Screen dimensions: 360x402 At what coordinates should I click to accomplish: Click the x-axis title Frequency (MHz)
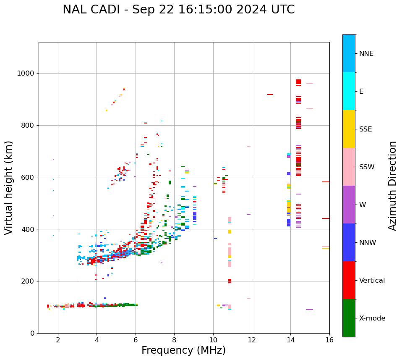(183, 350)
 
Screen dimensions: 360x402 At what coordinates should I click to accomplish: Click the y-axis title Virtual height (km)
(9, 188)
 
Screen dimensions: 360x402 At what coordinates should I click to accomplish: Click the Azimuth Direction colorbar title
(392, 186)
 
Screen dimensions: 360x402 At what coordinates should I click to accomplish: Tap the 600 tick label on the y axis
(27, 177)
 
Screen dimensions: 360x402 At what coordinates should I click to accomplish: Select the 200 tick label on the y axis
(27, 281)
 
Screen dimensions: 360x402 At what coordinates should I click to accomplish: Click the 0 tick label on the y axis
(32, 333)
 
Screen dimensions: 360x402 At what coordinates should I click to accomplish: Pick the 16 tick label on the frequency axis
(329, 340)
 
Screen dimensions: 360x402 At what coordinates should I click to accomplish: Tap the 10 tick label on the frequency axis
(213, 340)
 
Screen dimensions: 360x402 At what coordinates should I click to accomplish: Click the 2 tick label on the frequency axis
(58, 340)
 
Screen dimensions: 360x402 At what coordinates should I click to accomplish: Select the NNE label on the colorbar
(366, 54)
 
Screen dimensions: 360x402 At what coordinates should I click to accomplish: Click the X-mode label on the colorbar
(372, 318)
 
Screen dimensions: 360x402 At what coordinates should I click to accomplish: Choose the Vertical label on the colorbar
(372, 281)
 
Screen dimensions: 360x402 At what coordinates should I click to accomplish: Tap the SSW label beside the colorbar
(366, 167)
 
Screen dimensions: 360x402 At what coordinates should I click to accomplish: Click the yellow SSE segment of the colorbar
(349, 129)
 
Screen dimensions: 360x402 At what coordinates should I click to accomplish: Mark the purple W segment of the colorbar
(349, 205)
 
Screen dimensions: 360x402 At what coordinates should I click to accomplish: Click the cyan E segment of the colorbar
(349, 91)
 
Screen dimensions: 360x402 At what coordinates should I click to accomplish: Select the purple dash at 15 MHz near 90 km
(310, 310)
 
